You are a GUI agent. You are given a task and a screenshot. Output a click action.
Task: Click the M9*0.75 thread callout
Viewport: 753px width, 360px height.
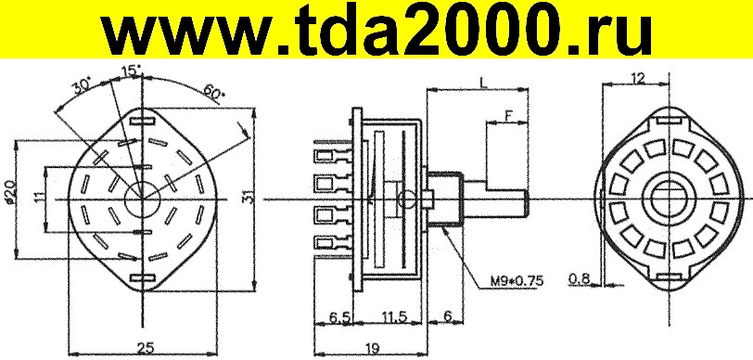click(x=517, y=282)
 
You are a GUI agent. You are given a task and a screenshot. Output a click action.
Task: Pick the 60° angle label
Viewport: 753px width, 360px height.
click(x=213, y=91)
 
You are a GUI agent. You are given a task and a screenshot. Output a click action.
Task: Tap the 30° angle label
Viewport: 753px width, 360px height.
click(x=83, y=87)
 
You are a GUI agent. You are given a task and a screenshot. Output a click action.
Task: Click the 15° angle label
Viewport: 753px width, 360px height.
click(x=131, y=71)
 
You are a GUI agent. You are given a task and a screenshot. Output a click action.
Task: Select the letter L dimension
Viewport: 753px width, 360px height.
click(x=484, y=82)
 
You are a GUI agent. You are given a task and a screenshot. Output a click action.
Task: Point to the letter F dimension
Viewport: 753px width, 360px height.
click(x=508, y=114)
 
